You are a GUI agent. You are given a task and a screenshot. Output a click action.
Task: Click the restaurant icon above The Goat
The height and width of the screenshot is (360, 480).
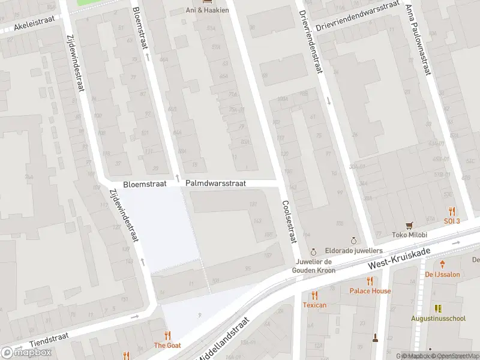[x=167, y=335]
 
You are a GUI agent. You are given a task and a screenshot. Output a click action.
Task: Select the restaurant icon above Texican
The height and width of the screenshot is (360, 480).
[x=314, y=295]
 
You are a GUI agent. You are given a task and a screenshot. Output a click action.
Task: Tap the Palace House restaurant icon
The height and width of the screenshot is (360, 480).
[x=370, y=281]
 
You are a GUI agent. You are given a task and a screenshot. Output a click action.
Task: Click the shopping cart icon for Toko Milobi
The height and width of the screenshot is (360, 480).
[x=410, y=225]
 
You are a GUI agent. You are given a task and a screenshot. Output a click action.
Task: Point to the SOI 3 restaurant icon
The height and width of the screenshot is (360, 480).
[x=452, y=211]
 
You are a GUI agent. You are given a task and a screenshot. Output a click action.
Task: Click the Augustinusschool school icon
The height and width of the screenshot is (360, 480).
[x=438, y=308]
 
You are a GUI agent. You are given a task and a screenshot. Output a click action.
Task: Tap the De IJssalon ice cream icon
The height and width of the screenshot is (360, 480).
[x=442, y=264]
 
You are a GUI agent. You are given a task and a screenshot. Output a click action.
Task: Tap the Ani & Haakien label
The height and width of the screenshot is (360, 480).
[x=207, y=10]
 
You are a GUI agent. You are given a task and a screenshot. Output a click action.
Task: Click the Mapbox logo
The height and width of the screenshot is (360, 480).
[x=27, y=353]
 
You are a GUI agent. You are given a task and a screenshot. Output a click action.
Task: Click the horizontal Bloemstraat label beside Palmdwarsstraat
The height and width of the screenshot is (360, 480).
[x=143, y=185]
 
